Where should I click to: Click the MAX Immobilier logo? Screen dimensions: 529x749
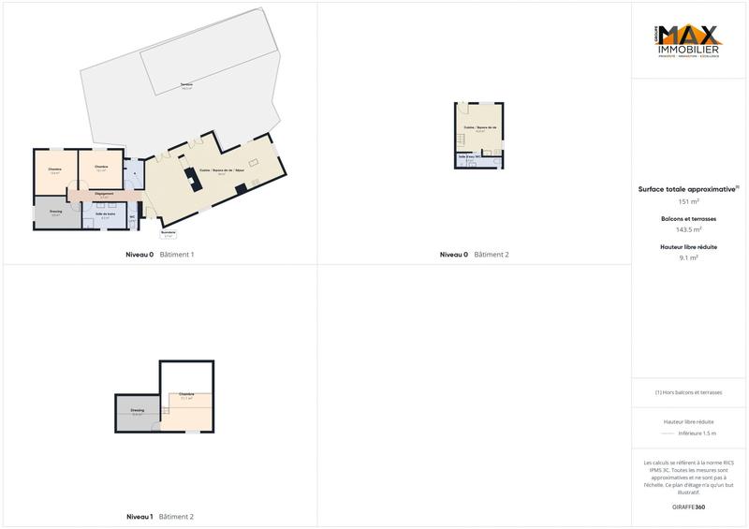pyautogui.click(x=689, y=41)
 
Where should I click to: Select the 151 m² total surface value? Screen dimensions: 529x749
pyautogui.click(x=689, y=201)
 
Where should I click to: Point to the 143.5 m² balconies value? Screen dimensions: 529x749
pyautogui.click(x=689, y=228)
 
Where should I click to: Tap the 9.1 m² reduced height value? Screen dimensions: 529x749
pyautogui.click(x=689, y=257)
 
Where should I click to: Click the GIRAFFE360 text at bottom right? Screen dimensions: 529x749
pyautogui.click(x=689, y=507)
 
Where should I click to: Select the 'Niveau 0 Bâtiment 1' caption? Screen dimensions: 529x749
pyautogui.click(x=159, y=255)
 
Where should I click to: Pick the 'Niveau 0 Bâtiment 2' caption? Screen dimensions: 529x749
pyautogui.click(x=475, y=255)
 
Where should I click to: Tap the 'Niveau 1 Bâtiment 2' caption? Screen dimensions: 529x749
pyautogui.click(x=159, y=517)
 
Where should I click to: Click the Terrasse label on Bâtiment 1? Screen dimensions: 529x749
pyautogui.click(x=187, y=87)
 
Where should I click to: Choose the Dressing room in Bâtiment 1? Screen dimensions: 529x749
pyautogui.click(x=56, y=213)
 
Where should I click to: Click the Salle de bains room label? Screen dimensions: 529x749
pyautogui.click(x=105, y=216)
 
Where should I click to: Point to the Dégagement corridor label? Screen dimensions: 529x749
pyautogui.click(x=104, y=194)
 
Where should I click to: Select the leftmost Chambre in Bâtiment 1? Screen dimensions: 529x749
pyautogui.click(x=54, y=170)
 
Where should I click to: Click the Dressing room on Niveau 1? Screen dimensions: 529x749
pyautogui.click(x=138, y=412)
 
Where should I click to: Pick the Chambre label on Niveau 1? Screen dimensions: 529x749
pyautogui.click(x=186, y=396)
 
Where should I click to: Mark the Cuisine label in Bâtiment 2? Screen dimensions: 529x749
pyautogui.click(x=479, y=128)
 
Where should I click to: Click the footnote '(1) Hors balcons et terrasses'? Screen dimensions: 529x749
pyautogui.click(x=689, y=392)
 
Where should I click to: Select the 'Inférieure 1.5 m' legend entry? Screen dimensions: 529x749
pyautogui.click(x=697, y=433)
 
